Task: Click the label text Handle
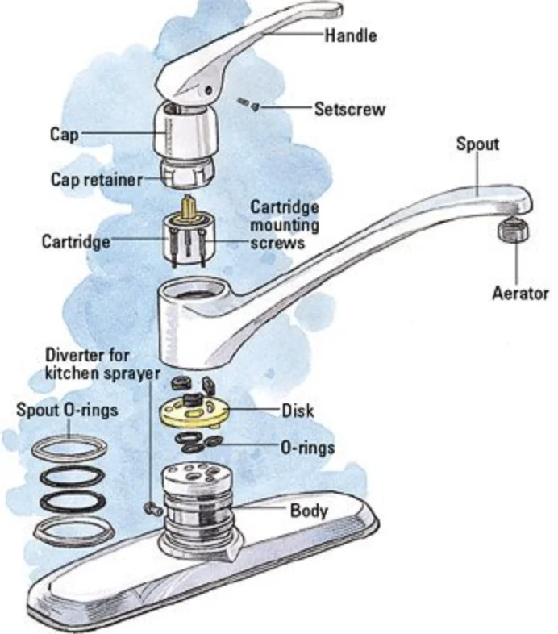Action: [x=351, y=35]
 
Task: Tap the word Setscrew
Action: [x=349, y=108]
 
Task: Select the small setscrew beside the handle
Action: [x=246, y=102]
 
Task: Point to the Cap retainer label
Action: [x=95, y=180]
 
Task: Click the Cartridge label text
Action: [x=76, y=241]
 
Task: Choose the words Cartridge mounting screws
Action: [x=283, y=224]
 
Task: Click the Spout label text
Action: [x=477, y=144]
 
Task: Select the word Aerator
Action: [x=520, y=293]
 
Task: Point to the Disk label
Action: [x=297, y=411]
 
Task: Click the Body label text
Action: [x=309, y=511]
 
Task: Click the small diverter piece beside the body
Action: [x=150, y=507]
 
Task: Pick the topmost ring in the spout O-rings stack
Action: [x=70, y=448]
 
